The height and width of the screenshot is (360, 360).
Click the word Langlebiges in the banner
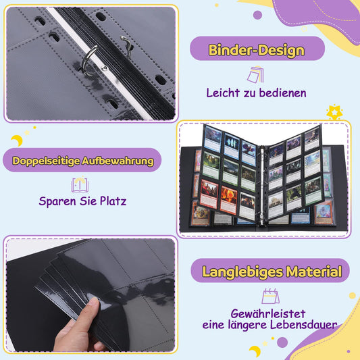(x=238, y=273)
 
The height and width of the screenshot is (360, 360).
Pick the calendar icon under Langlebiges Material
(x=271, y=296)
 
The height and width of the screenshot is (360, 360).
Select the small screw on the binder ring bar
(x=103, y=67)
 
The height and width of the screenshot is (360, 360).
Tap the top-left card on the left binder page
(x=213, y=138)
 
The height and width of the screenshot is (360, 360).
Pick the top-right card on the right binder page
(x=311, y=138)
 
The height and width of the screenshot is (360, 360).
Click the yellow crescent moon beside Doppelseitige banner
(x=17, y=140)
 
